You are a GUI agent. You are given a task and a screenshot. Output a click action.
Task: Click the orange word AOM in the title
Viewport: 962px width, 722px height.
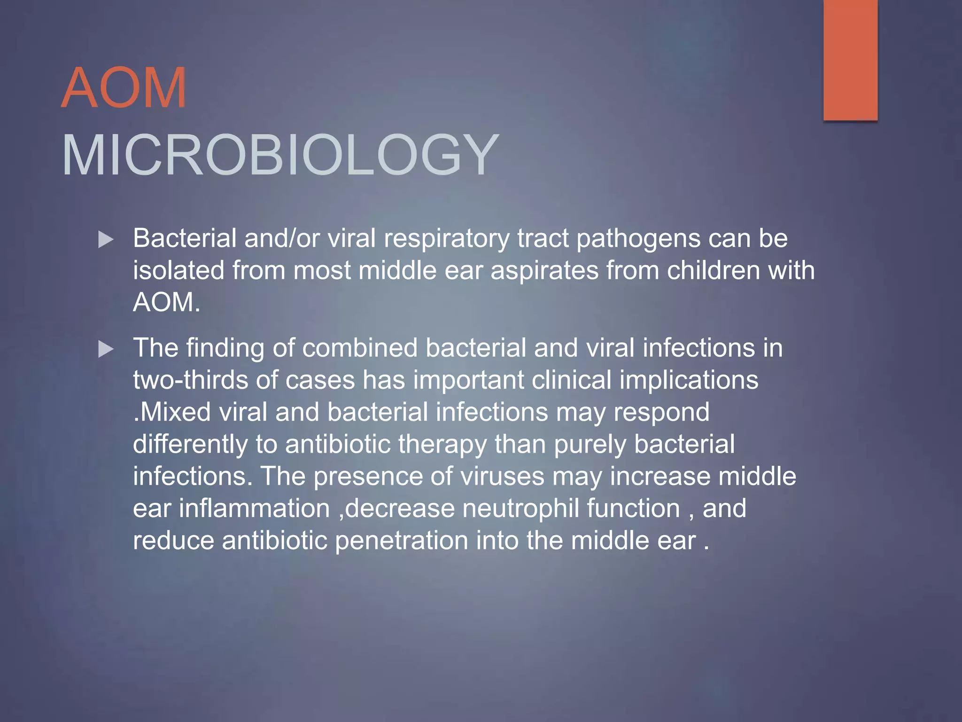click(x=124, y=87)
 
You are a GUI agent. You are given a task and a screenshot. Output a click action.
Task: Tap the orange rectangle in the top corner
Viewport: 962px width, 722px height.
click(x=850, y=60)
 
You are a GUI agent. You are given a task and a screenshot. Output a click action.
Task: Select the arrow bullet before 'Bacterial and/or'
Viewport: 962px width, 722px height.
click(x=106, y=240)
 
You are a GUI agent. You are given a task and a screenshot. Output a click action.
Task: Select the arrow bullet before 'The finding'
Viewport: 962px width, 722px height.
click(x=106, y=350)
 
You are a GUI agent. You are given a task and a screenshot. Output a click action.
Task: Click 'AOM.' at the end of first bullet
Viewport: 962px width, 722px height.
click(x=166, y=302)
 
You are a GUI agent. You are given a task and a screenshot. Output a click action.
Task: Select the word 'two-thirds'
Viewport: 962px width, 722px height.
click(x=190, y=380)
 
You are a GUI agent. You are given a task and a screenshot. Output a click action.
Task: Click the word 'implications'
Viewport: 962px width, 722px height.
click(x=689, y=380)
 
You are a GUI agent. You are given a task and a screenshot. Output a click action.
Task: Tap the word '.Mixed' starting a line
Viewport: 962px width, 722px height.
click(x=172, y=412)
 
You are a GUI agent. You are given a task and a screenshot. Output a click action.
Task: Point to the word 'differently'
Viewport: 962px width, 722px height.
click(x=190, y=444)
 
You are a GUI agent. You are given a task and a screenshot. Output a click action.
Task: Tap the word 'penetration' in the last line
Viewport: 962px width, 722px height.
click(x=401, y=541)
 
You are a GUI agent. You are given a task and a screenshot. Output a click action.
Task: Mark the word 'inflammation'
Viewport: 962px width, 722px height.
click(x=254, y=509)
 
